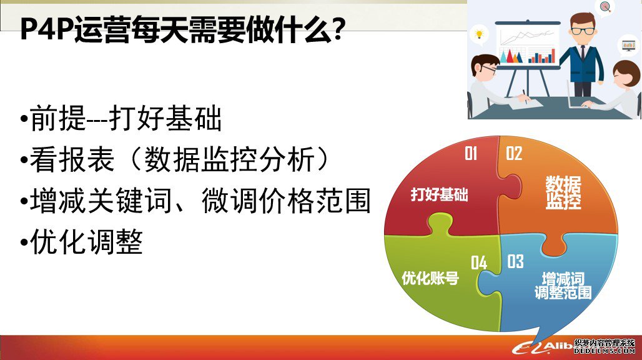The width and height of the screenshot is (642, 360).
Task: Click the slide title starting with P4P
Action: coord(182,30)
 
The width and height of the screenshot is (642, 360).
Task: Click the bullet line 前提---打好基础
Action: coord(121,118)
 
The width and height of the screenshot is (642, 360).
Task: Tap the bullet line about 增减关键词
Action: coord(195,200)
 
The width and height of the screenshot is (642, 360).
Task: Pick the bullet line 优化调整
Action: coord(81,242)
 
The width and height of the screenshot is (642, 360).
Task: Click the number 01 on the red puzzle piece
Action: coord(471,154)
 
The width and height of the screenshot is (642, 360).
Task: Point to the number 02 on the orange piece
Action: coord(514,154)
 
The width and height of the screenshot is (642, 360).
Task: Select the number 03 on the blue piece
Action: coord(515,261)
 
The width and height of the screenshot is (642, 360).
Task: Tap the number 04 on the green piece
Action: coord(478,262)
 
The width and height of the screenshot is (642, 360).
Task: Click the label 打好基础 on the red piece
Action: coord(439,194)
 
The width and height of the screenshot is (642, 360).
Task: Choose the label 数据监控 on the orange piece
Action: coord(563,192)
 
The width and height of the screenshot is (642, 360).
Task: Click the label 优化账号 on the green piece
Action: coord(430,278)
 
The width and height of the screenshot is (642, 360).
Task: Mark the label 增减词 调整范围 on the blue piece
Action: coord(563,286)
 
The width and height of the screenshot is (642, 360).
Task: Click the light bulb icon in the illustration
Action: coord(480,34)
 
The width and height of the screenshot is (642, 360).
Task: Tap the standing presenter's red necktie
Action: coord(583,52)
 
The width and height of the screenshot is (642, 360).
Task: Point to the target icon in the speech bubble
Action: coord(606,6)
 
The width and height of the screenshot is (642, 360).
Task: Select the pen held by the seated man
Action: coord(525,96)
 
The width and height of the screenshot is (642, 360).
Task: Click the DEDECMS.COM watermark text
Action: coord(605,351)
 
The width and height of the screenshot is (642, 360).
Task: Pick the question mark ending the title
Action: coord(338,30)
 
